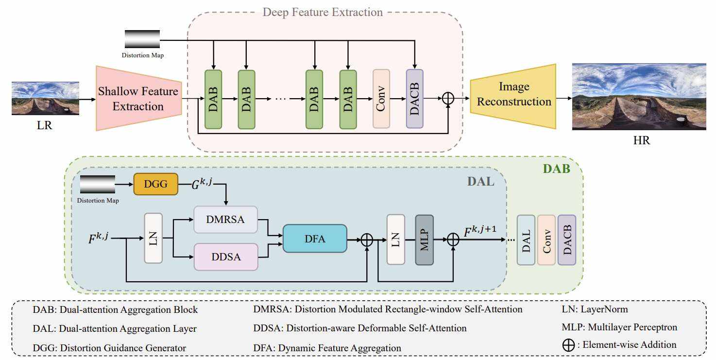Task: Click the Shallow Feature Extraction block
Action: (x=138, y=99)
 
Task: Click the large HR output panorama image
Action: (x=639, y=97)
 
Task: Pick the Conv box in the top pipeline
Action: (x=381, y=99)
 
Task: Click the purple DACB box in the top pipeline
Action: (x=415, y=99)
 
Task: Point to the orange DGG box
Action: (x=155, y=184)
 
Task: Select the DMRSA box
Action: (x=225, y=220)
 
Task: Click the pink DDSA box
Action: (x=225, y=257)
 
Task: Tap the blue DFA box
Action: (x=315, y=238)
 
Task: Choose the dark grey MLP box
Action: (x=424, y=240)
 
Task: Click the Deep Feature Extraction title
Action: (x=323, y=12)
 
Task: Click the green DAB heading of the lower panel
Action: (x=556, y=169)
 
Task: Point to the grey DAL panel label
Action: (x=480, y=182)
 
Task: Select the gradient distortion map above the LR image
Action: (x=142, y=39)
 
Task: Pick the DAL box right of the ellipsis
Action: (x=526, y=240)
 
